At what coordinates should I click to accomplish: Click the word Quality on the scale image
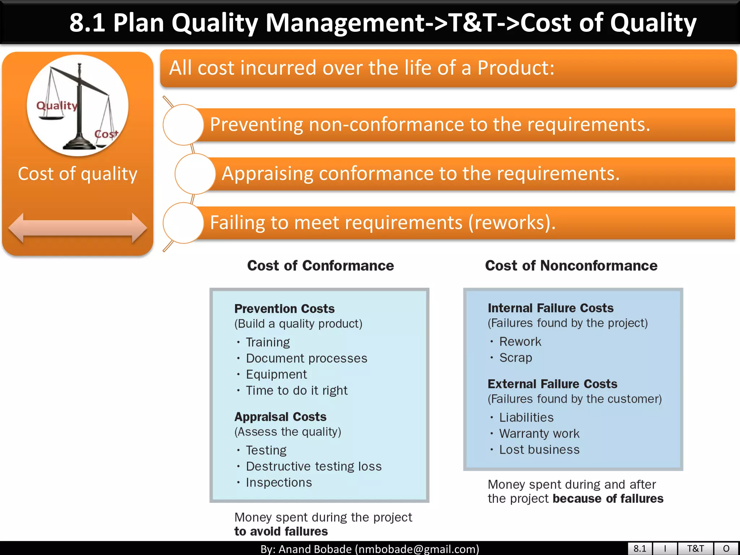point(57,106)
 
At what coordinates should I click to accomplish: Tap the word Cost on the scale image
point(106,134)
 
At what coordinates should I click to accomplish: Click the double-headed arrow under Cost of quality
point(77,228)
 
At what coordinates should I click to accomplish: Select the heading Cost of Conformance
point(320,266)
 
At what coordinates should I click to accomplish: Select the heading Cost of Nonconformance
point(571,266)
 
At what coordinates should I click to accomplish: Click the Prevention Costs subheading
point(284,309)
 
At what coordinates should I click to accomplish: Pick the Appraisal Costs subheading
point(280,417)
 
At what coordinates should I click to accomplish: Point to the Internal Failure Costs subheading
point(550,308)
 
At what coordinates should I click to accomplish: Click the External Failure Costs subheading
point(552,384)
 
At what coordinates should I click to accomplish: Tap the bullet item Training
point(268,342)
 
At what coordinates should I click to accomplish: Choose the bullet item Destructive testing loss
point(313,466)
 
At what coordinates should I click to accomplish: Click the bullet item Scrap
point(515,357)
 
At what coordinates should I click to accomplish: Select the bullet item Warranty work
point(539,433)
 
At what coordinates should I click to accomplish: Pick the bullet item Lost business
point(539,449)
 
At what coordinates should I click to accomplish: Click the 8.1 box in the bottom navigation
point(640,548)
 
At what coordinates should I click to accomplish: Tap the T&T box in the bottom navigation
point(695,548)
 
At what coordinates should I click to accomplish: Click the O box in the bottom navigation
point(726,548)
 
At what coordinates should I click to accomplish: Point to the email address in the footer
point(417,549)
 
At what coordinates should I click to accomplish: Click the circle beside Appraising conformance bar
point(195,174)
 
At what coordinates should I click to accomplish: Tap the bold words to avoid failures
point(281,532)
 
